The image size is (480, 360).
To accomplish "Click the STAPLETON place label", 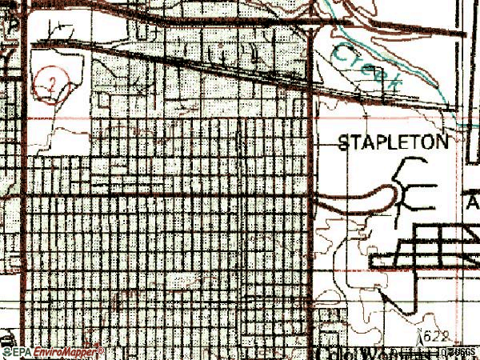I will [393, 143].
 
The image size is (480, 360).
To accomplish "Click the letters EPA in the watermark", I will [22, 352].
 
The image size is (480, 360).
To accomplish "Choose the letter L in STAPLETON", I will [392, 143].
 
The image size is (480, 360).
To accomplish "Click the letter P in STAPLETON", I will [380, 143].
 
